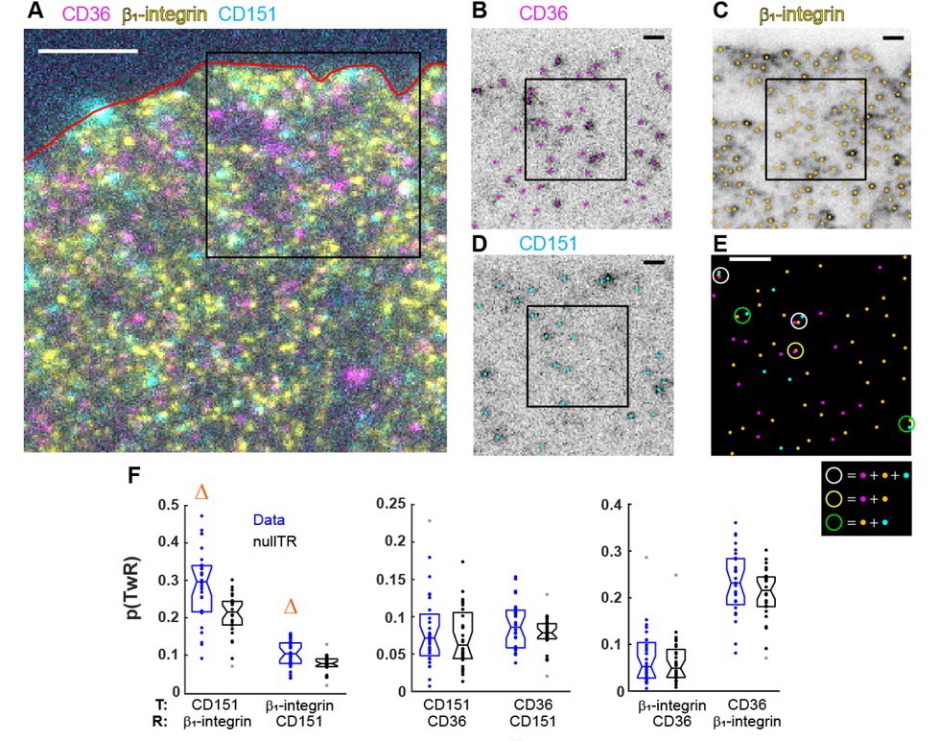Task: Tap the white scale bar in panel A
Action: pyautogui.click(x=87, y=49)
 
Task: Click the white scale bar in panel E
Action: pyautogui.click(x=750, y=258)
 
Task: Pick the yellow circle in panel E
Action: pyautogui.click(x=796, y=352)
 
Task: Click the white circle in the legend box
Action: pyautogui.click(x=835, y=475)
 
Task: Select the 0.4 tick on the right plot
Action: pyautogui.click(x=610, y=504)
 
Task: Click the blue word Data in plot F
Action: pyautogui.click(x=270, y=520)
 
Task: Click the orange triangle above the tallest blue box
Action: pyautogui.click(x=201, y=492)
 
